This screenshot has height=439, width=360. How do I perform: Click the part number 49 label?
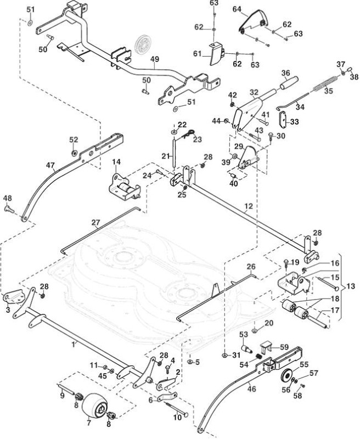tap(155, 59)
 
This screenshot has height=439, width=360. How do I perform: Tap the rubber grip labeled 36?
tap(289, 83)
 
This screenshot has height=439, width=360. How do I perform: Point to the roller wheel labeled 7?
tap(94, 405)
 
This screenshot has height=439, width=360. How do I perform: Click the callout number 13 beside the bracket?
tap(351, 286)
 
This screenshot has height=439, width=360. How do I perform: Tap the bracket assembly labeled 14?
tap(124, 187)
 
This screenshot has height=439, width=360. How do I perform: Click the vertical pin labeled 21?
tap(174, 154)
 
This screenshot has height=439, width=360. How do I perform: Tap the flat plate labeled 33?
tap(283, 119)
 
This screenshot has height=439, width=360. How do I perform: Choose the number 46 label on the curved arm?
tap(252, 389)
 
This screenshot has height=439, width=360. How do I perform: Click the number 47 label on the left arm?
tap(50, 165)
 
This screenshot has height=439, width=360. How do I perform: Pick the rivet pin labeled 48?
tap(9, 209)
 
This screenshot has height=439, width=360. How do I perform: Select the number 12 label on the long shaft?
tap(248, 206)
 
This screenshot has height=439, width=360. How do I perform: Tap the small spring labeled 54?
tap(260, 357)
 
